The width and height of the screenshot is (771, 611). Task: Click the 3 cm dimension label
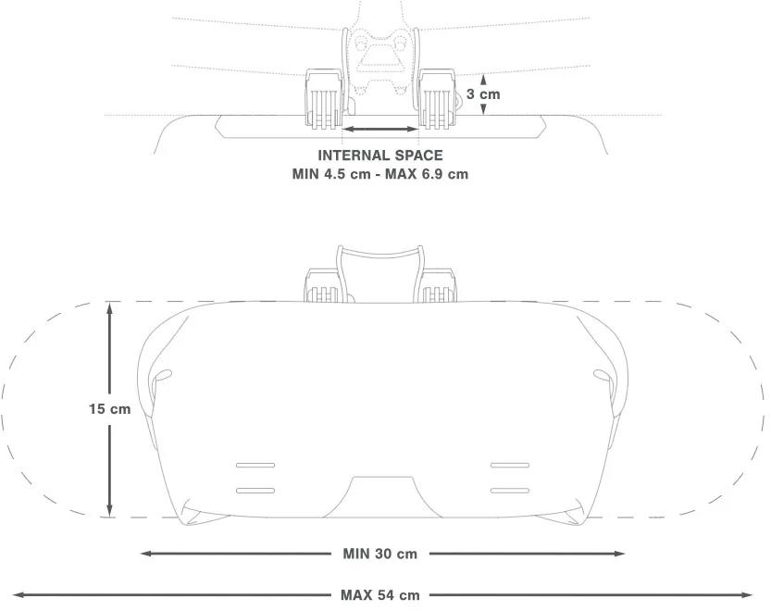pos(483,94)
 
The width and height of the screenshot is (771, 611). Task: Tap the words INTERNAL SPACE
pos(380,156)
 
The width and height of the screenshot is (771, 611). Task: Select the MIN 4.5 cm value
pos(331,174)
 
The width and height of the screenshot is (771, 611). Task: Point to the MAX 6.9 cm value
pos(427,174)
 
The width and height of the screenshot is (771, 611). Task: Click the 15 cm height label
pos(109,409)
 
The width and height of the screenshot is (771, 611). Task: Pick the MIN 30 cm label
pos(380,554)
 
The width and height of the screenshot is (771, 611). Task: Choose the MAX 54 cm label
pos(380,595)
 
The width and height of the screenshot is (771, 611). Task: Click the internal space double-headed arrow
pos(380,130)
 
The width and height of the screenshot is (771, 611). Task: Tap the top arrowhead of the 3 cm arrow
pos(483,78)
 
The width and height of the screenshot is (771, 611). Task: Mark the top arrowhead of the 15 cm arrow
pos(109,308)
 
